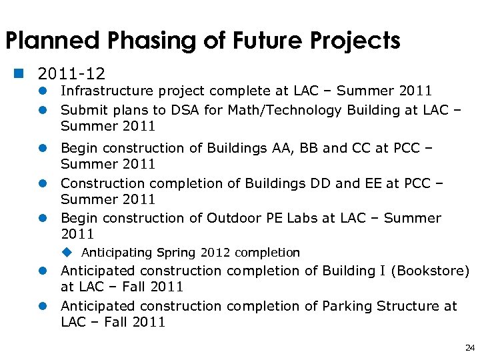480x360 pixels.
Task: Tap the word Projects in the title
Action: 353,41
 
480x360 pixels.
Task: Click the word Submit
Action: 83,110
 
